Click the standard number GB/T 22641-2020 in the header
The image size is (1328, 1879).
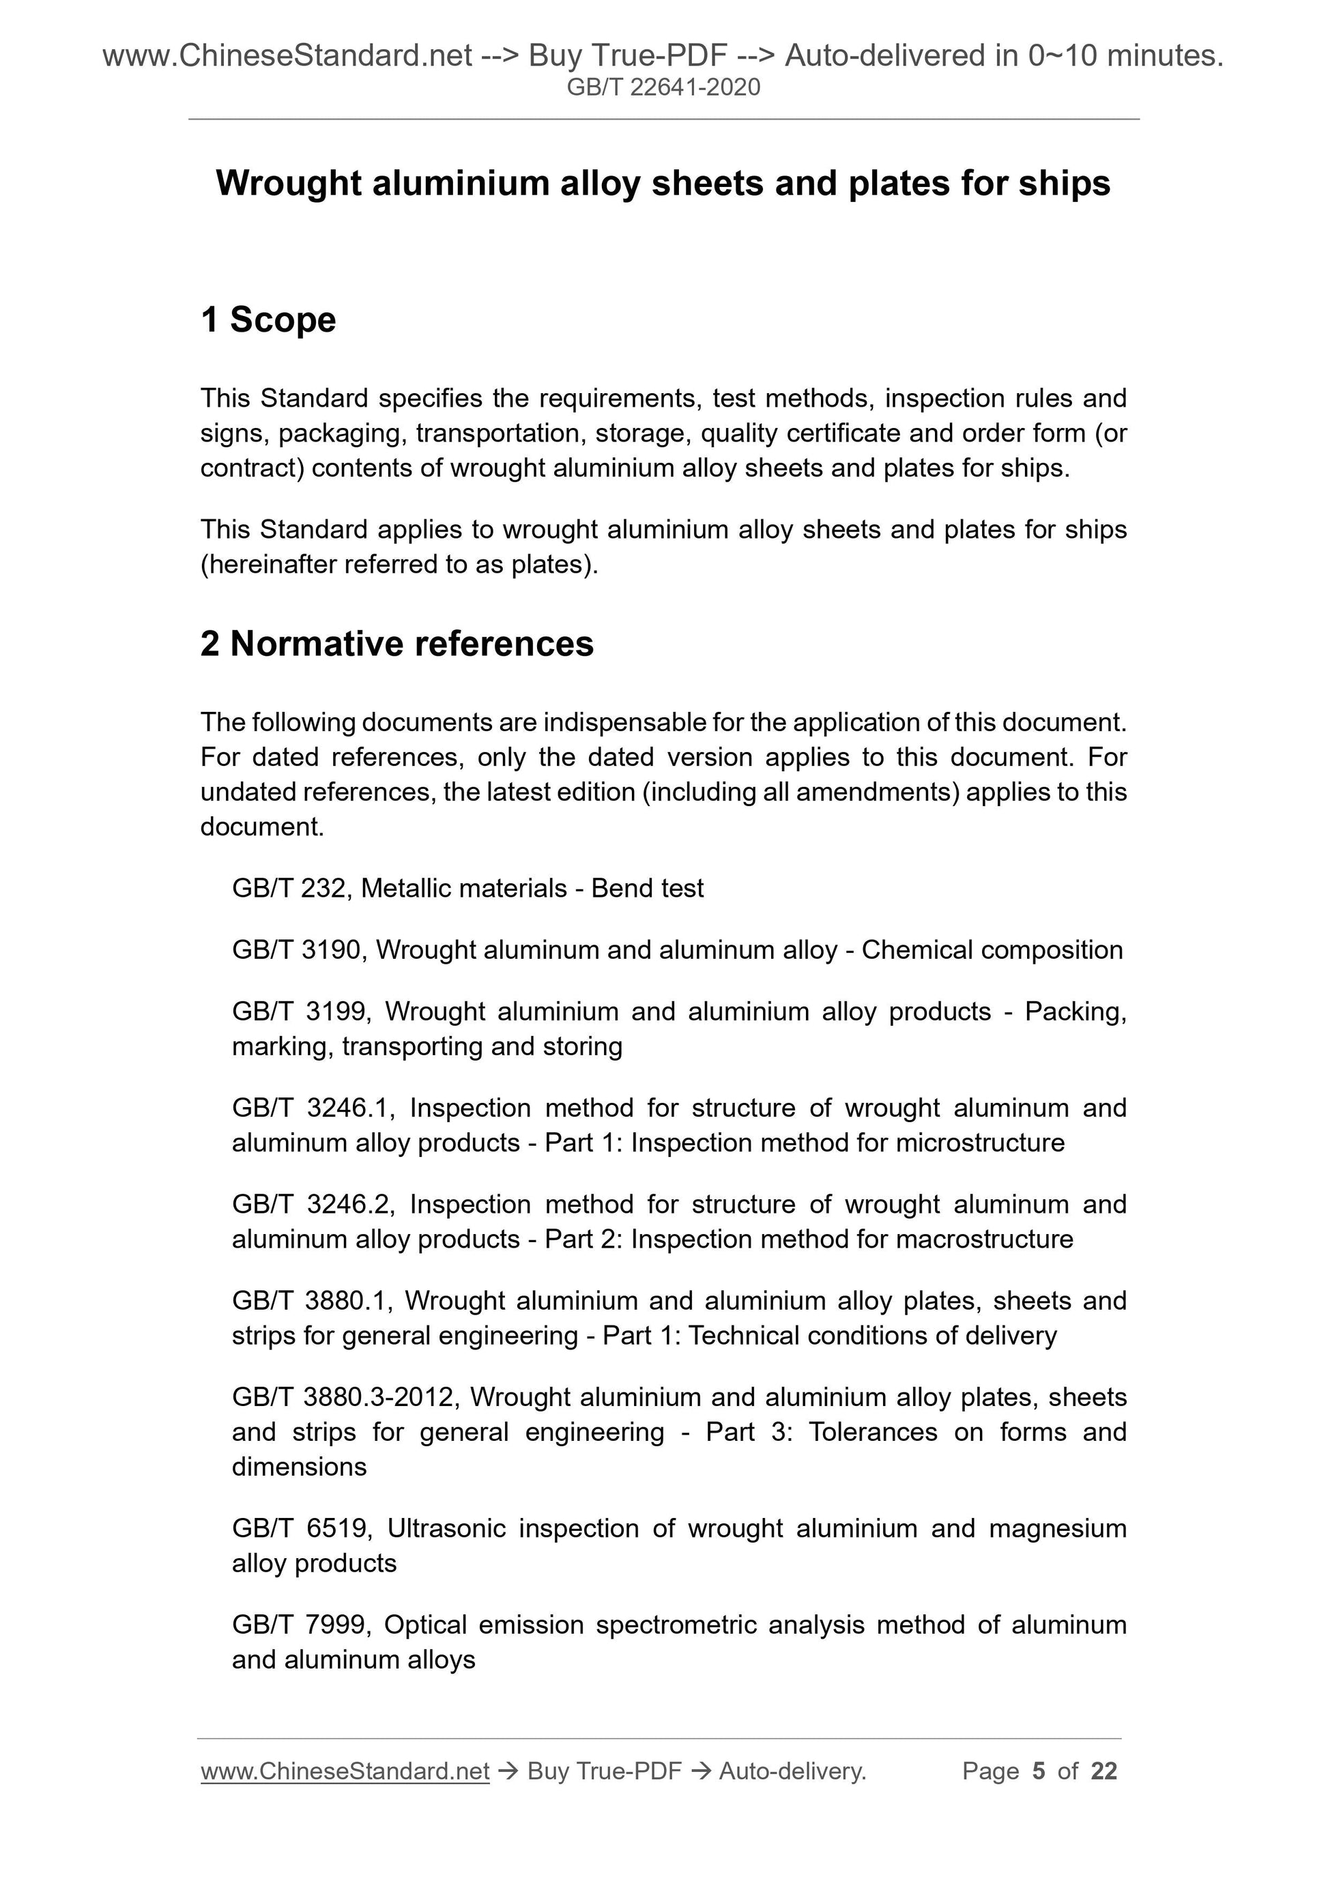click(663, 87)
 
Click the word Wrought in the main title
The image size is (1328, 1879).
click(289, 184)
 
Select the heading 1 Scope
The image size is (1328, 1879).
click(268, 319)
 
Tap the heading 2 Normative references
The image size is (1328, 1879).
click(397, 643)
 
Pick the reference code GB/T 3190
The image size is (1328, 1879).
click(296, 949)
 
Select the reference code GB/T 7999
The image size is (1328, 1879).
click(300, 1624)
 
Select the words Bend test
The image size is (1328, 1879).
click(647, 888)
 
